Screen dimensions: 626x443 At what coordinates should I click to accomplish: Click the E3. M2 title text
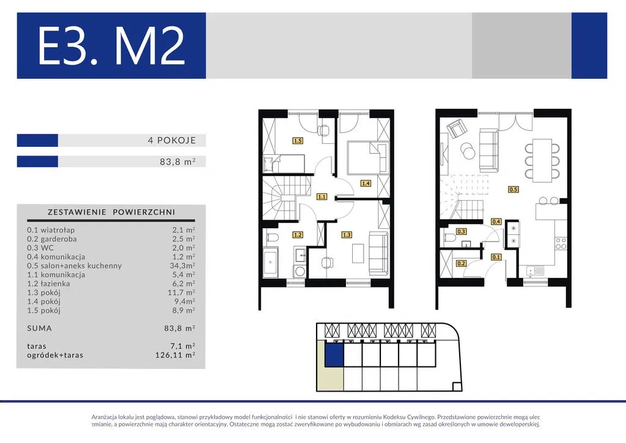pyautogui.click(x=111, y=46)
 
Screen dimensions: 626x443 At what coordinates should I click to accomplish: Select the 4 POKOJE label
pyautogui.click(x=172, y=140)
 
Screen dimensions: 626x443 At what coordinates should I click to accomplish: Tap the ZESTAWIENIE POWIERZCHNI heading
pyautogui.click(x=111, y=212)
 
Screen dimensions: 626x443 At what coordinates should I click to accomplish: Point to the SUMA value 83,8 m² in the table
pyautogui.click(x=180, y=328)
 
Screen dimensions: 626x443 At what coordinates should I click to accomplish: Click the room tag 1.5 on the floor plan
pyautogui.click(x=298, y=141)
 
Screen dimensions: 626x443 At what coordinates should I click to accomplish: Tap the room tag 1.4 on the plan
pyautogui.click(x=366, y=184)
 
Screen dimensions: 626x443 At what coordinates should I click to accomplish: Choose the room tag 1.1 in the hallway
pyautogui.click(x=322, y=196)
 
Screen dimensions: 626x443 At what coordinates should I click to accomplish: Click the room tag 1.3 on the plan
pyautogui.click(x=347, y=235)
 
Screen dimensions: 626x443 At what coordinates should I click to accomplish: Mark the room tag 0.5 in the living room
pyautogui.click(x=514, y=189)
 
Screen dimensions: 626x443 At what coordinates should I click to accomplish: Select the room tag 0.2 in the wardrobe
pyautogui.click(x=461, y=264)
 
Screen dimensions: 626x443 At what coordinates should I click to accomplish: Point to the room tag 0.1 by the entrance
pyautogui.click(x=496, y=257)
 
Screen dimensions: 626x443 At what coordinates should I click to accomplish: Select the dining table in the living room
pyautogui.click(x=543, y=158)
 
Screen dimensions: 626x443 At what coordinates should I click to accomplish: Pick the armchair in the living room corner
pyautogui.click(x=457, y=128)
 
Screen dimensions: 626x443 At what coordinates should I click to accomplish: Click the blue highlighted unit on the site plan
pyautogui.click(x=334, y=355)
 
